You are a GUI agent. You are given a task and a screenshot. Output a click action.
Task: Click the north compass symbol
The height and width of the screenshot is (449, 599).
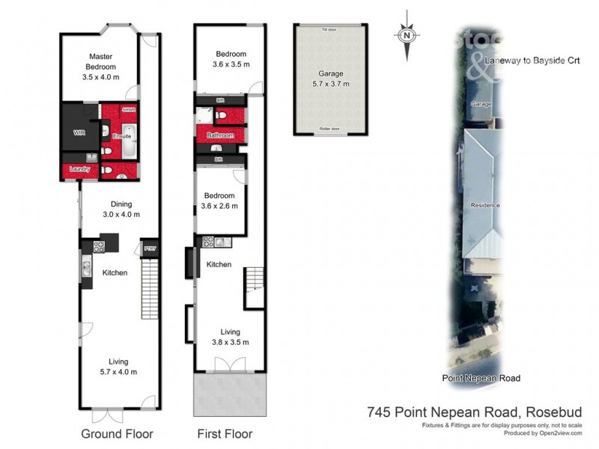tap(407, 35)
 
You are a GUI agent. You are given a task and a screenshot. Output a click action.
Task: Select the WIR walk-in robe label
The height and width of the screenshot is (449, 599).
tap(80, 132)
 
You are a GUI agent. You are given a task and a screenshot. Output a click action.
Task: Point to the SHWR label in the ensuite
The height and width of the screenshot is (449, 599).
tap(128, 109)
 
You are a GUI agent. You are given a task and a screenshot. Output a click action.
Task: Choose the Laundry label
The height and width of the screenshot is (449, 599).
tap(79, 169)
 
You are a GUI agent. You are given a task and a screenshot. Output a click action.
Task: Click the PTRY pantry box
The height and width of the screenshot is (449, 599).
tap(149, 248)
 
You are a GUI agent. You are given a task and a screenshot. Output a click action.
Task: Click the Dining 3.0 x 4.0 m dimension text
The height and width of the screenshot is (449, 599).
tap(121, 215)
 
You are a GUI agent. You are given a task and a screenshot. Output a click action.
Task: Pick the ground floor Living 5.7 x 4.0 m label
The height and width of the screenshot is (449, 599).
tap(119, 367)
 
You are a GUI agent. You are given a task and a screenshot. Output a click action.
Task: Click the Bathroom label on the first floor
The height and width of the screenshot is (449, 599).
tap(220, 136)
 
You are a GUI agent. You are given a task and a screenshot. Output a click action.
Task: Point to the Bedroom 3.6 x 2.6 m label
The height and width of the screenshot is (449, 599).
tap(220, 201)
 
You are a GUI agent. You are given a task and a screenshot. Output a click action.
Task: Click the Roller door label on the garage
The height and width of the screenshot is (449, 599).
tap(329, 129)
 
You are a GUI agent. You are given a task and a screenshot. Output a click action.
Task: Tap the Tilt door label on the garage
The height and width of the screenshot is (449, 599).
tap(329, 30)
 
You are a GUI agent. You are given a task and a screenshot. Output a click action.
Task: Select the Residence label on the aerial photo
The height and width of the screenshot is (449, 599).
tap(484, 205)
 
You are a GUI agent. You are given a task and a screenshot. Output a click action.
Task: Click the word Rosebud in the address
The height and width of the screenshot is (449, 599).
tap(556, 411)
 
